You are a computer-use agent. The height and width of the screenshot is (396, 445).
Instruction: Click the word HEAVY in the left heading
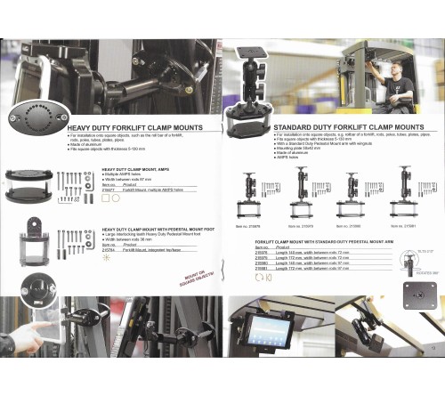tap(81, 127)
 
